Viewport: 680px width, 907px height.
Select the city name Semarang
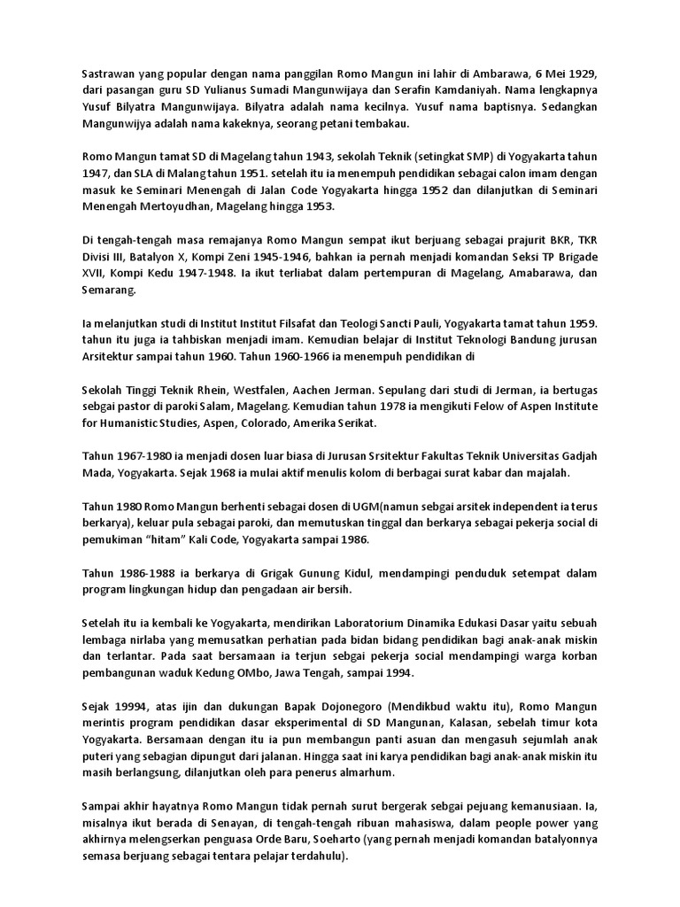coord(110,291)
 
